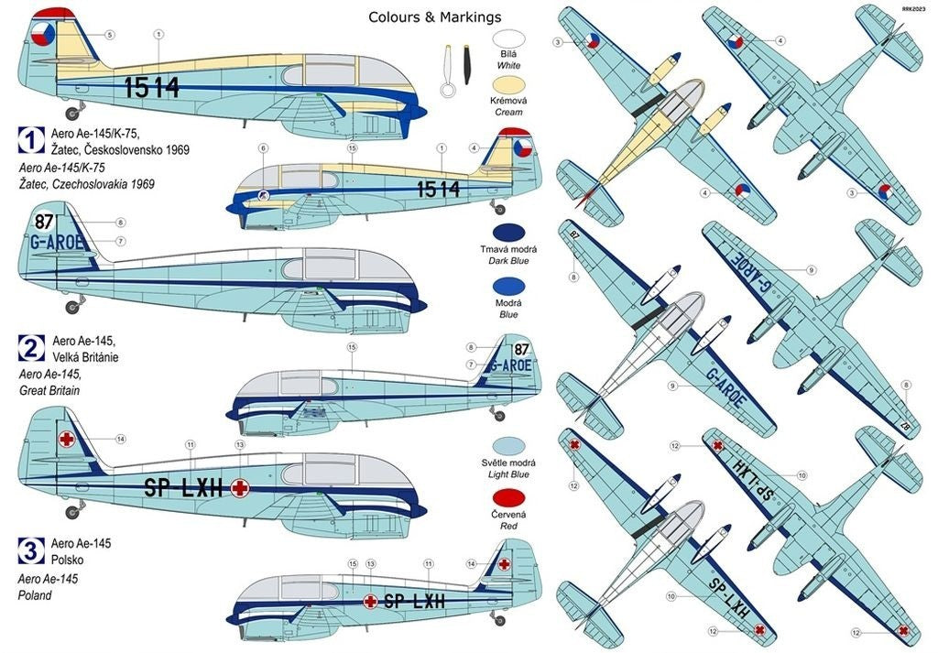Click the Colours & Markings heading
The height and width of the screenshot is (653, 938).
coord(434,16)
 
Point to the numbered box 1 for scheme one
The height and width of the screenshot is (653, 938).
coord(30,141)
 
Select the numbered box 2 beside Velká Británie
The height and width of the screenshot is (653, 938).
coord(30,348)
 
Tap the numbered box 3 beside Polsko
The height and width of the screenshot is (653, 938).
coord(30,550)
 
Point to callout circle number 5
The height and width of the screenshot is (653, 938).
coord(109,35)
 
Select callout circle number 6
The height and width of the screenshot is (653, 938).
coord(263,147)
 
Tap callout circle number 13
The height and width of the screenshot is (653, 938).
coord(239,444)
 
